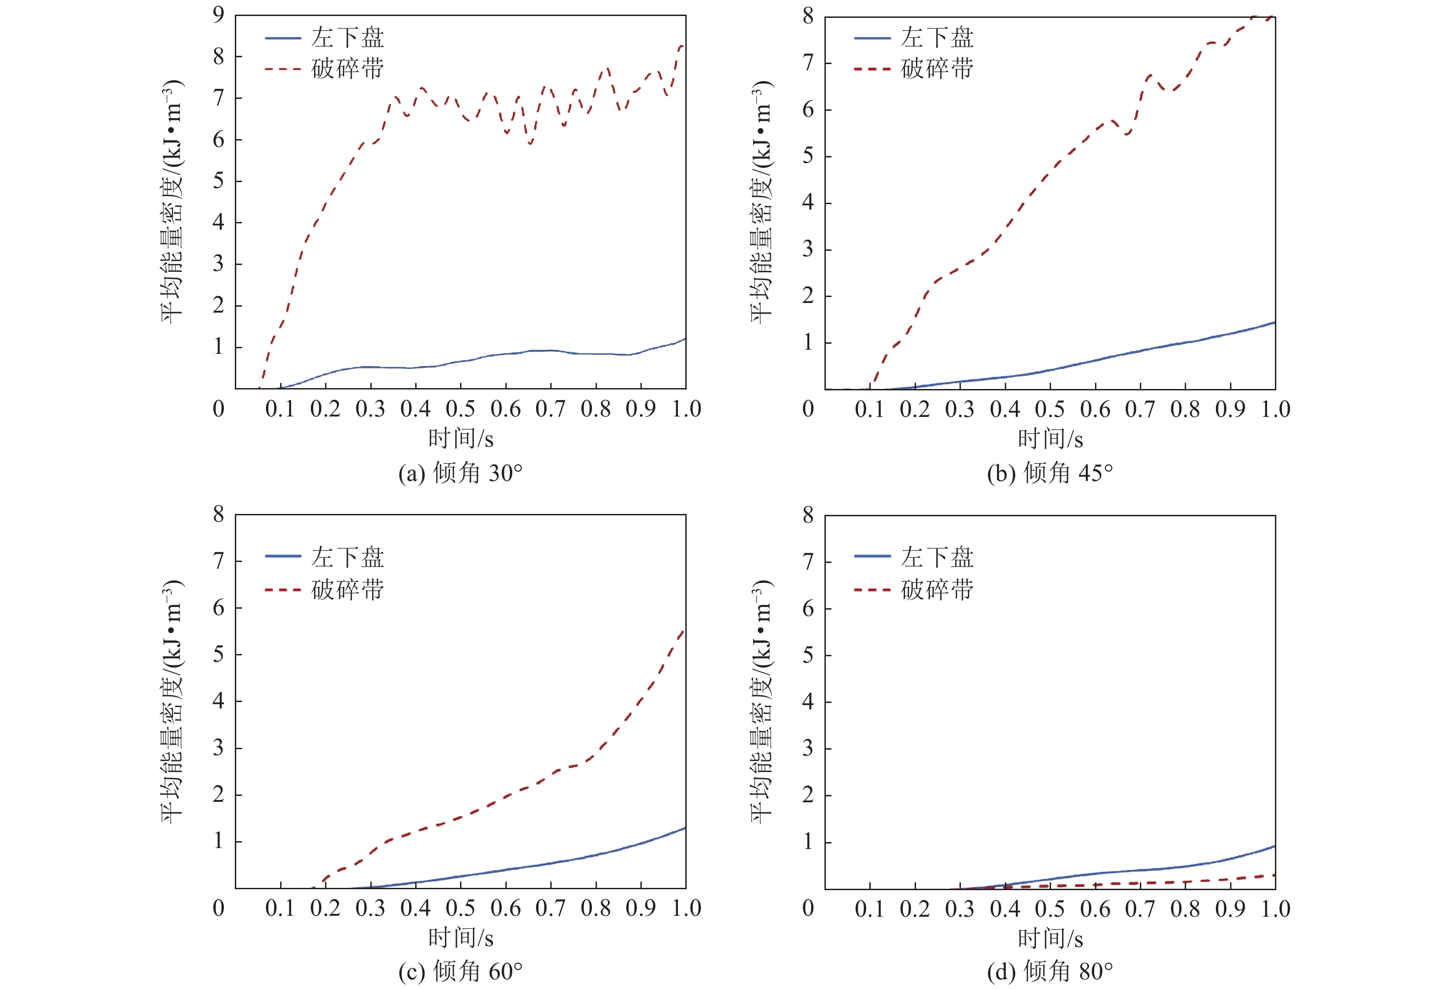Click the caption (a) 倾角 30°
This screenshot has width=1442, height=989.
pos(461,473)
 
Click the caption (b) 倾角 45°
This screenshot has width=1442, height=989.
pos(1050,473)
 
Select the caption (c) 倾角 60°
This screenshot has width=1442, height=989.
pos(461,972)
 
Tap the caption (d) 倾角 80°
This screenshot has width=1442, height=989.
pos(1050,972)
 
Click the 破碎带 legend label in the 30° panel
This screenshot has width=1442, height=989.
pos(347,68)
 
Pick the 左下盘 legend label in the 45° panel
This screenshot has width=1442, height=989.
pos(937,37)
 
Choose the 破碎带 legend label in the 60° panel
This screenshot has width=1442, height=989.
pos(347,589)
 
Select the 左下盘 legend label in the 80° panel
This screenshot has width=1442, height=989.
pos(937,557)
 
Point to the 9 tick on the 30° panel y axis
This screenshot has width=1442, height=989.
pos(218,15)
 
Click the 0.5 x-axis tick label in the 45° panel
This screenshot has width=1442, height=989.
pos(1050,410)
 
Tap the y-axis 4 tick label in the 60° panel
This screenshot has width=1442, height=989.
pos(218,701)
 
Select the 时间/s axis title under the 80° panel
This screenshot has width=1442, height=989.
pos(1050,939)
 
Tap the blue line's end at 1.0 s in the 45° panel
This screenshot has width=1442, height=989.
pos(1274,323)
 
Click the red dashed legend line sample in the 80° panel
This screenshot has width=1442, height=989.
pos(872,589)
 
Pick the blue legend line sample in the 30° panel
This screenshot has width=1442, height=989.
pos(283,38)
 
